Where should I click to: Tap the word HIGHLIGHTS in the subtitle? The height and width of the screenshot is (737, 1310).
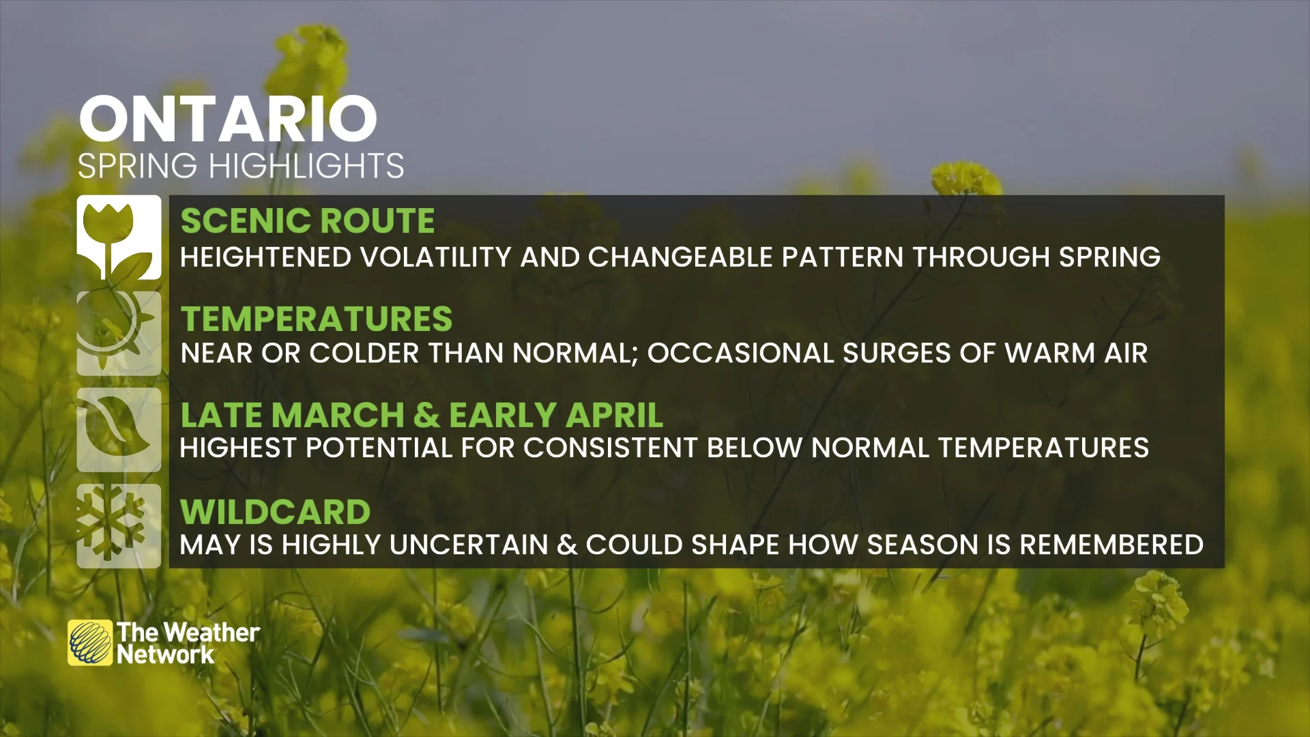pos(306,166)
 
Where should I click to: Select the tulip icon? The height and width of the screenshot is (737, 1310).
pos(119,237)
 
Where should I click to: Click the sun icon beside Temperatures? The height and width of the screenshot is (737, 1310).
pos(119,334)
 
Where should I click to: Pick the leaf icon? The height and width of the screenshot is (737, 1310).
pos(119,430)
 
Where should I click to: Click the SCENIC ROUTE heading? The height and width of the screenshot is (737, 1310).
pos(307,220)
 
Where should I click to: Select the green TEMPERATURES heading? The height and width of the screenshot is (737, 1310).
pos(316,319)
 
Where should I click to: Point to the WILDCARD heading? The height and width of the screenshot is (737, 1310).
pos(275,512)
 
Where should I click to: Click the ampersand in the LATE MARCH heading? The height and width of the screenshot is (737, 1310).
pos(426,415)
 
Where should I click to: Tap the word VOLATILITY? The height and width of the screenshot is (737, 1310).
pos(435,257)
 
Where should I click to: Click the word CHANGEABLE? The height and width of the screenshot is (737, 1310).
pos(680,257)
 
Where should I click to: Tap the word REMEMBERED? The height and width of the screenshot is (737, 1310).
pos(1111,545)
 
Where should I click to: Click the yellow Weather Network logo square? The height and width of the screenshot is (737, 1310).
pos(90,643)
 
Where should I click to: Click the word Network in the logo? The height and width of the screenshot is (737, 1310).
pos(165,655)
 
